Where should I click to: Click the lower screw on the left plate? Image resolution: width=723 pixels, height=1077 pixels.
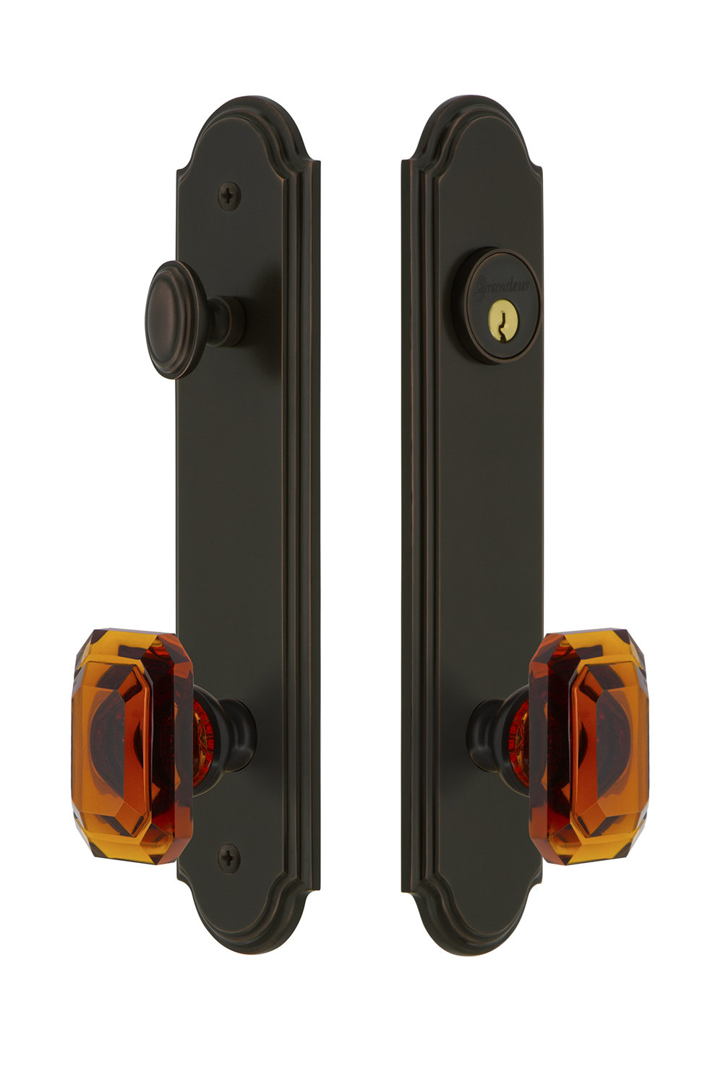229,857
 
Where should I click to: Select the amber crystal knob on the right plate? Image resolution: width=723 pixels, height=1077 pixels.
589,747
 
